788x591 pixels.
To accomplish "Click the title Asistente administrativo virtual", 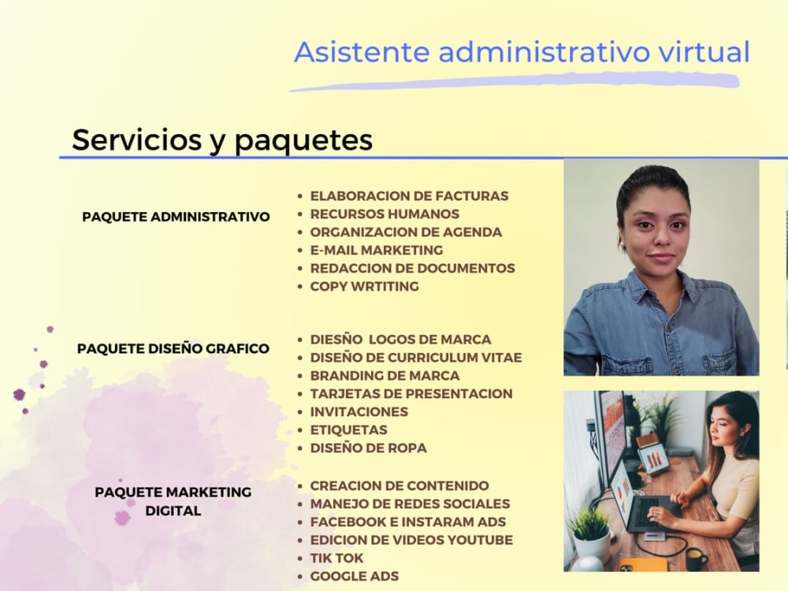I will [522, 52].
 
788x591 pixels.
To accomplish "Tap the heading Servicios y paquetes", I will [222, 139].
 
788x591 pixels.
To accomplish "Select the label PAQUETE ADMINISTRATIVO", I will [176, 217].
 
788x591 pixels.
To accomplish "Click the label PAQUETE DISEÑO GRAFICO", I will [173, 348].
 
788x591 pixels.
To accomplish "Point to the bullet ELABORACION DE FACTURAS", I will [409, 196].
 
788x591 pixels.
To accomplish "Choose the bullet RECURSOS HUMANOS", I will [384, 214].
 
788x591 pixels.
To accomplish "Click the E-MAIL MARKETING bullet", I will [376, 250].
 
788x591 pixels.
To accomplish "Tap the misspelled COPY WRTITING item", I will [364, 286].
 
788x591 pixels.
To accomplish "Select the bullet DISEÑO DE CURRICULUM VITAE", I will [415, 358].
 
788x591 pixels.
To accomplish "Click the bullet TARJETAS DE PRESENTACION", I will [411, 394].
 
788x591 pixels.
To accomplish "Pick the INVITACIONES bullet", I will [359, 412].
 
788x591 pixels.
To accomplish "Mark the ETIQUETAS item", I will [348, 430].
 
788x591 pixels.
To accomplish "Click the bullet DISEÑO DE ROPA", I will [368, 448].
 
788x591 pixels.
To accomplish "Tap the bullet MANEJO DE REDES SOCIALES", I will [410, 504].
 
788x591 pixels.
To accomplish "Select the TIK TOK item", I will [336, 558].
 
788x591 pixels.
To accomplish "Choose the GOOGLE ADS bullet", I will [354, 576].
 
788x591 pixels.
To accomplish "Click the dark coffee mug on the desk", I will [696, 559].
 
